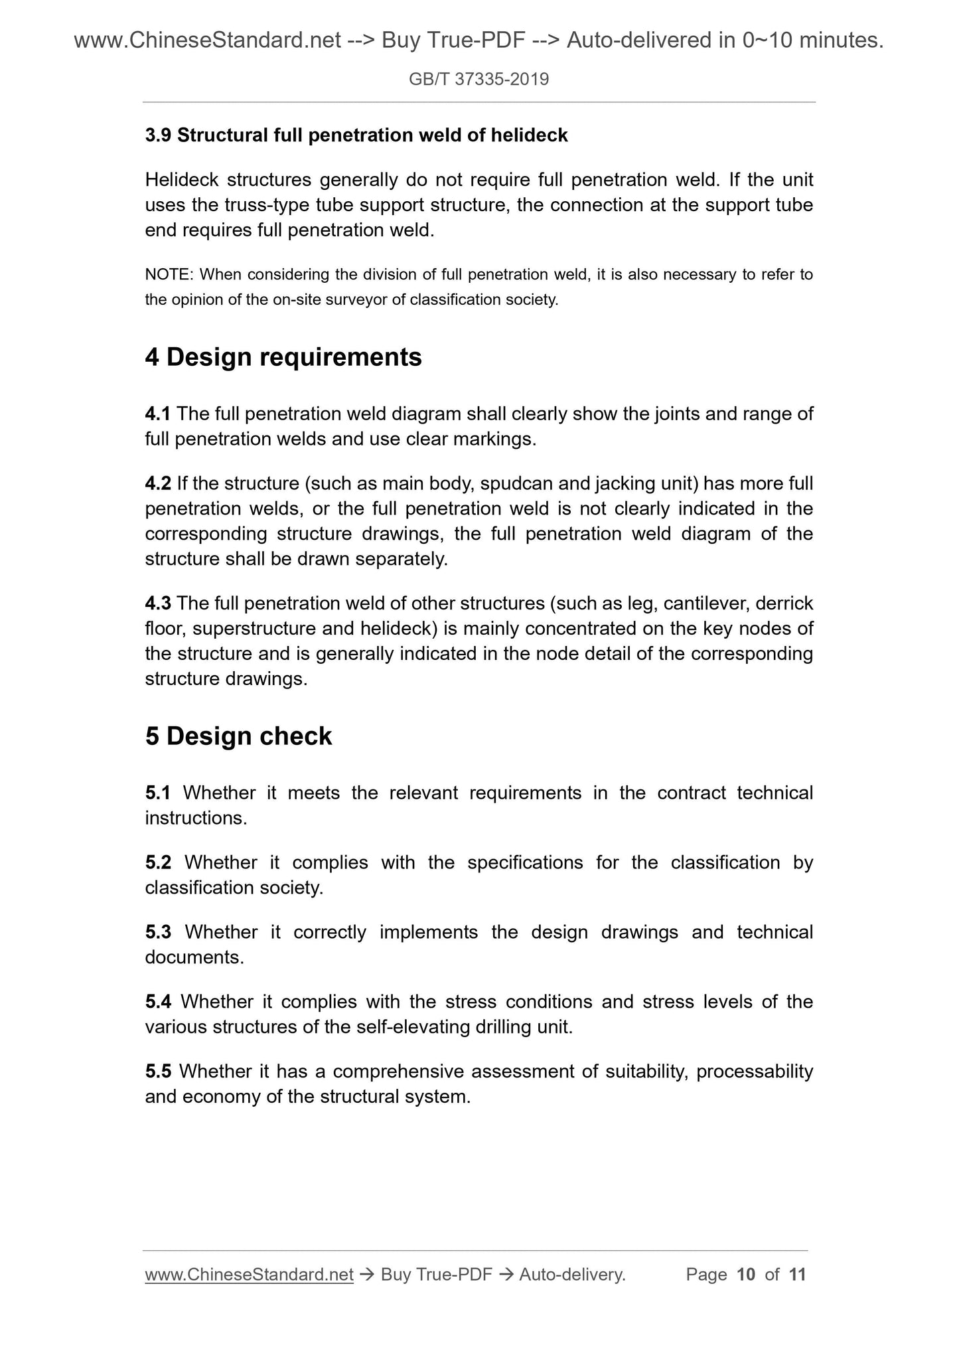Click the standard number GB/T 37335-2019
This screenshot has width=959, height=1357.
pyautogui.click(x=479, y=80)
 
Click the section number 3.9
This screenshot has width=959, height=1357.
pyautogui.click(x=158, y=135)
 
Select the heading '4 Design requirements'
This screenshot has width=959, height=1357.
pyautogui.click(x=283, y=357)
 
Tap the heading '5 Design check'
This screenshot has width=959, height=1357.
pyautogui.click(x=238, y=736)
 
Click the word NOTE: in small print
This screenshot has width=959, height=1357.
pyautogui.click(x=169, y=274)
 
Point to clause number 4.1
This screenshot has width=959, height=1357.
pyautogui.click(x=157, y=414)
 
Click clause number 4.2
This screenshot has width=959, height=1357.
pyautogui.click(x=158, y=484)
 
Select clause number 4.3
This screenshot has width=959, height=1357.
pyautogui.click(x=158, y=603)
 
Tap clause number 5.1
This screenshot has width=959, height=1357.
pyautogui.click(x=158, y=793)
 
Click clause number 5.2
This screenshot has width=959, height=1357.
pyautogui.click(x=158, y=862)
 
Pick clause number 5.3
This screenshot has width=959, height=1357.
pyautogui.click(x=158, y=932)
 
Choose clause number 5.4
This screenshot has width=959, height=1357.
pyautogui.click(x=158, y=1001)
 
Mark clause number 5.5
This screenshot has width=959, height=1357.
pyautogui.click(x=158, y=1071)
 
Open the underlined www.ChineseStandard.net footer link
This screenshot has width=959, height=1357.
pyautogui.click(x=249, y=1274)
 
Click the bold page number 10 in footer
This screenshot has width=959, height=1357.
pyautogui.click(x=746, y=1274)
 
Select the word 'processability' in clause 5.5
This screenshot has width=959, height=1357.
pyautogui.click(x=755, y=1071)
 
